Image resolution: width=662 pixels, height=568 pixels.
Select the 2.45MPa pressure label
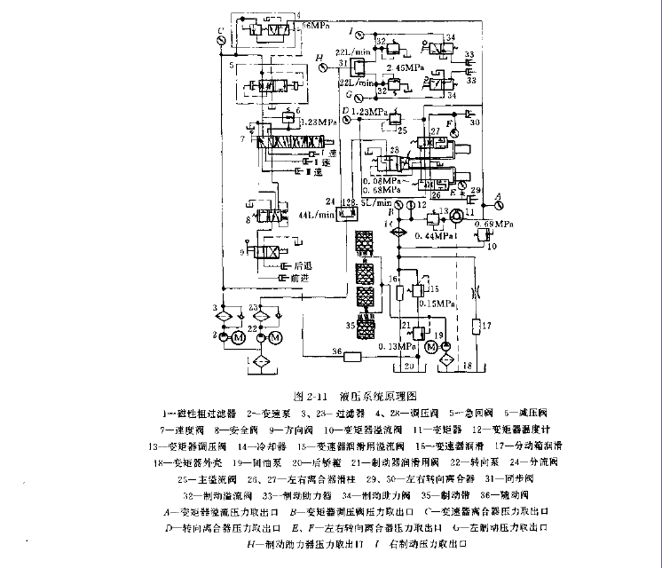pyautogui.click(x=403, y=67)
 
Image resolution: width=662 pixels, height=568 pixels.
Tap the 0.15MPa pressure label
pyautogui.click(x=437, y=302)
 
